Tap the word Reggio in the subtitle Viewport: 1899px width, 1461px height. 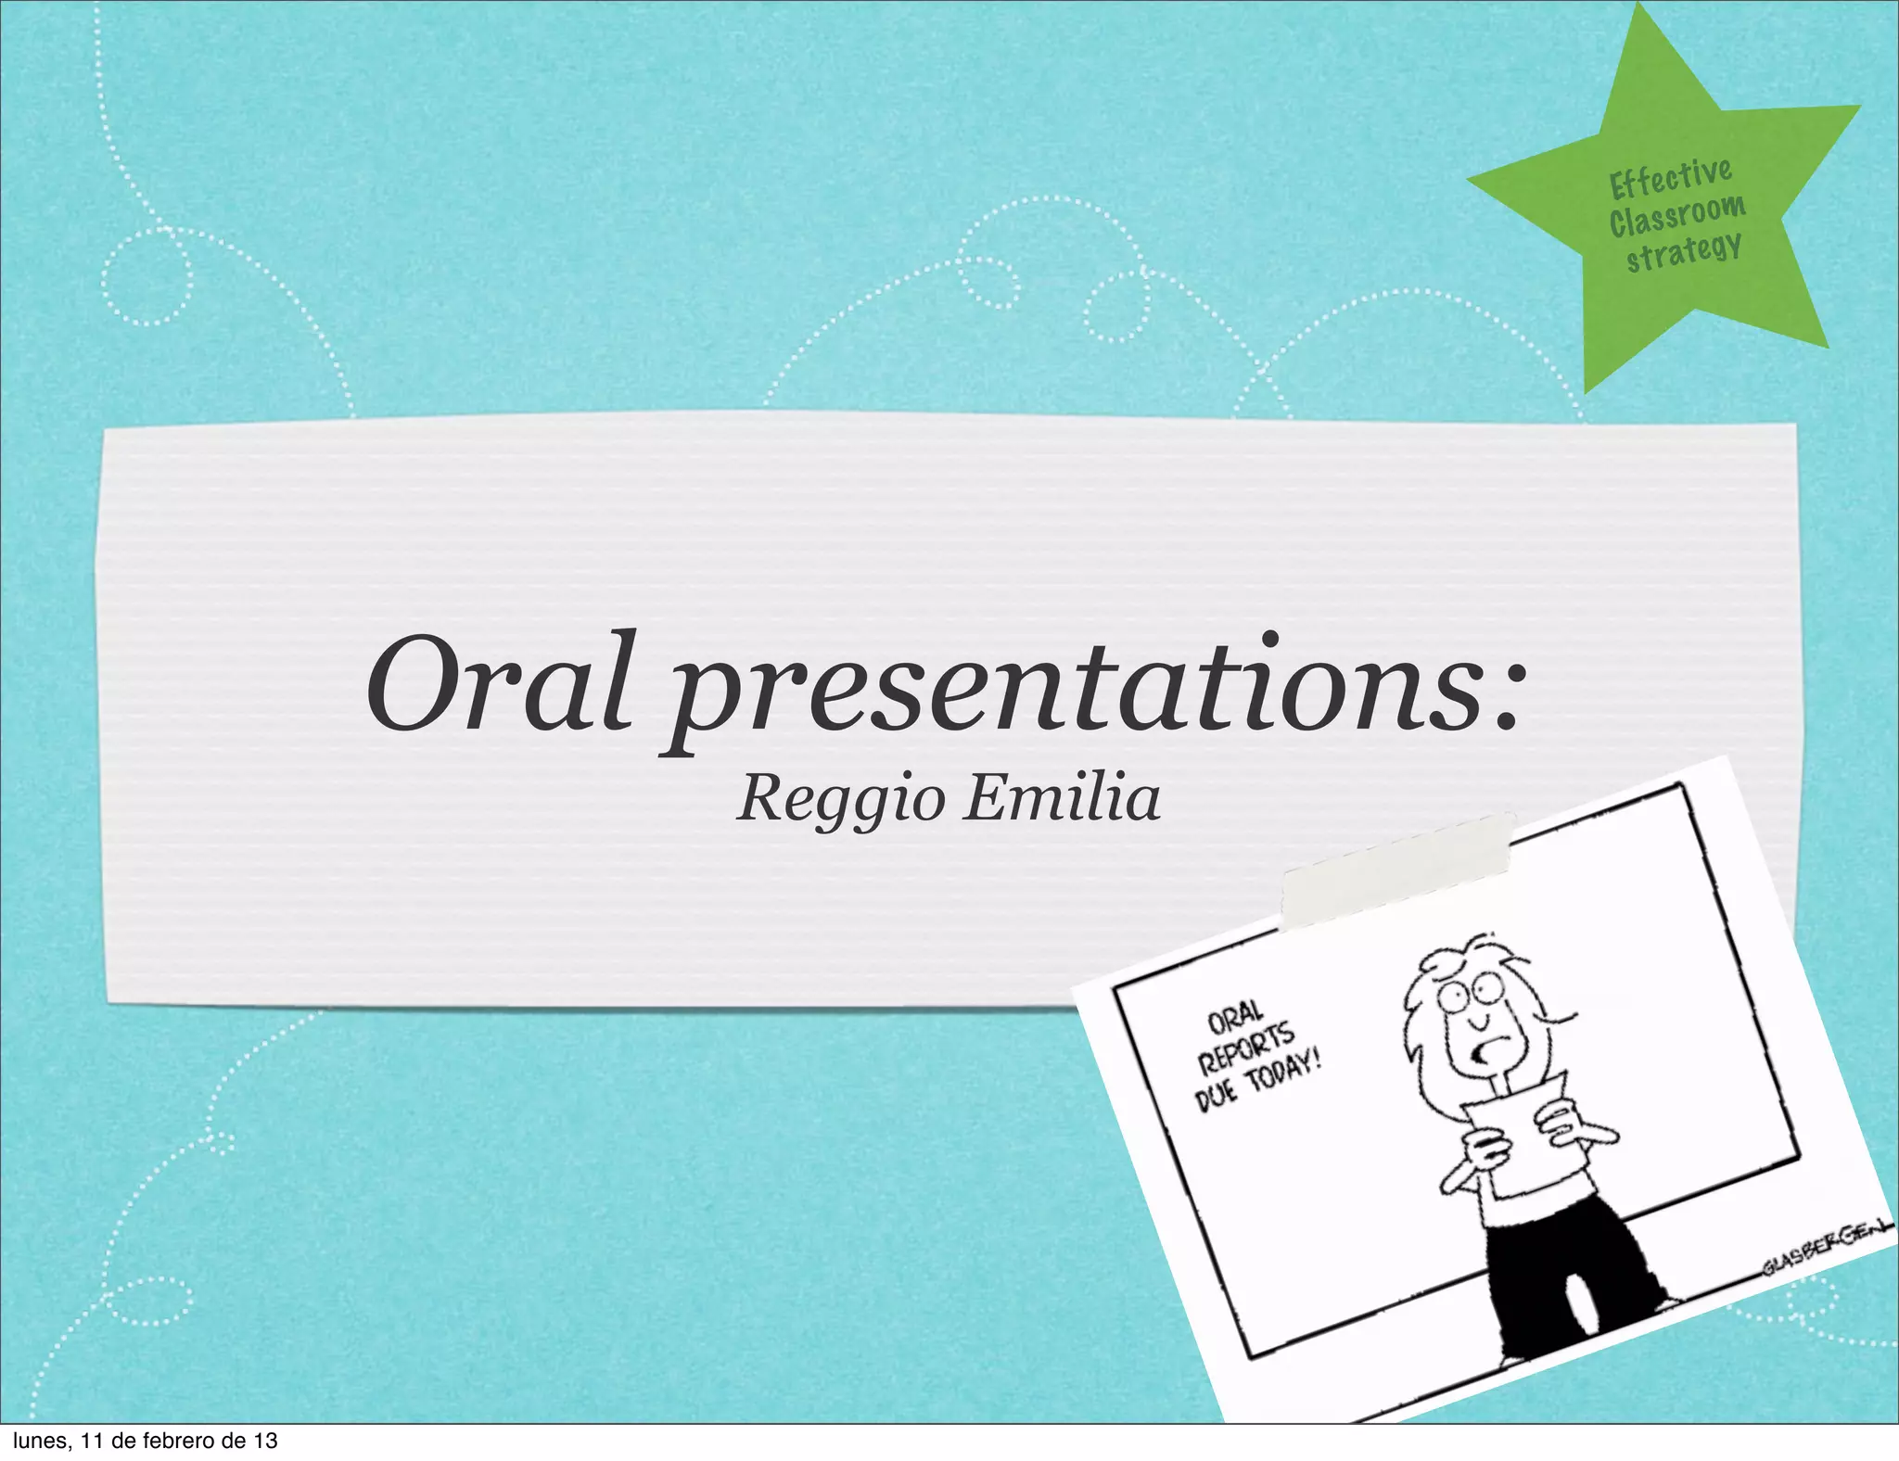(x=840, y=799)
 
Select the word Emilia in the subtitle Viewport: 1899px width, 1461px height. (x=1061, y=799)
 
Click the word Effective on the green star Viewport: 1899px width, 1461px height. (x=1670, y=178)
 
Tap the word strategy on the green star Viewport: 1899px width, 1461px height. (x=1683, y=251)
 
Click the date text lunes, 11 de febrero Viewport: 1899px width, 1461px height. (x=139, y=1441)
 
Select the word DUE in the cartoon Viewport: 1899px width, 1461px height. (x=1216, y=1095)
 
